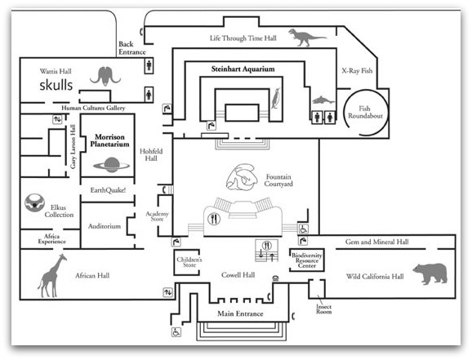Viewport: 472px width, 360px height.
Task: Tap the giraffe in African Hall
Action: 51,276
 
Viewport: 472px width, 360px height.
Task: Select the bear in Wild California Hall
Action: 430,273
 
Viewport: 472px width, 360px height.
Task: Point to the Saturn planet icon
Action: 111,165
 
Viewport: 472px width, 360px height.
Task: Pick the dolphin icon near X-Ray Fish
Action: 323,100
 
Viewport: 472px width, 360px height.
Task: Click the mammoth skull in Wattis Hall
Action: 105,76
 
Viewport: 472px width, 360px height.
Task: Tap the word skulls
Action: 56,85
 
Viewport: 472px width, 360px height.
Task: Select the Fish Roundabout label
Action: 365,112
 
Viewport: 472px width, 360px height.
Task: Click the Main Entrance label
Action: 240,313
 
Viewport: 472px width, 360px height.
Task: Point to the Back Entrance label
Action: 131,48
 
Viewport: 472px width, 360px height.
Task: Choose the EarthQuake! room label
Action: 108,190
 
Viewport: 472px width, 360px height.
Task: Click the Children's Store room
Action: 187,262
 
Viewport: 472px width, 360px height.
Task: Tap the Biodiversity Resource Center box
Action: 307,260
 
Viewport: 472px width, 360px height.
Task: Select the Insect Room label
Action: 323,309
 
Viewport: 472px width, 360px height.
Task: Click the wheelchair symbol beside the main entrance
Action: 176,332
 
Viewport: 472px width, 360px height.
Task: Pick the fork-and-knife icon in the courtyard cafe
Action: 214,219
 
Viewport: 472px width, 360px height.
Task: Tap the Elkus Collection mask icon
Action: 34,203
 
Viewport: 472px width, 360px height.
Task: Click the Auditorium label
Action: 105,226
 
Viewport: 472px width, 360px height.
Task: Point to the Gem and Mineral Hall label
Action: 377,242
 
